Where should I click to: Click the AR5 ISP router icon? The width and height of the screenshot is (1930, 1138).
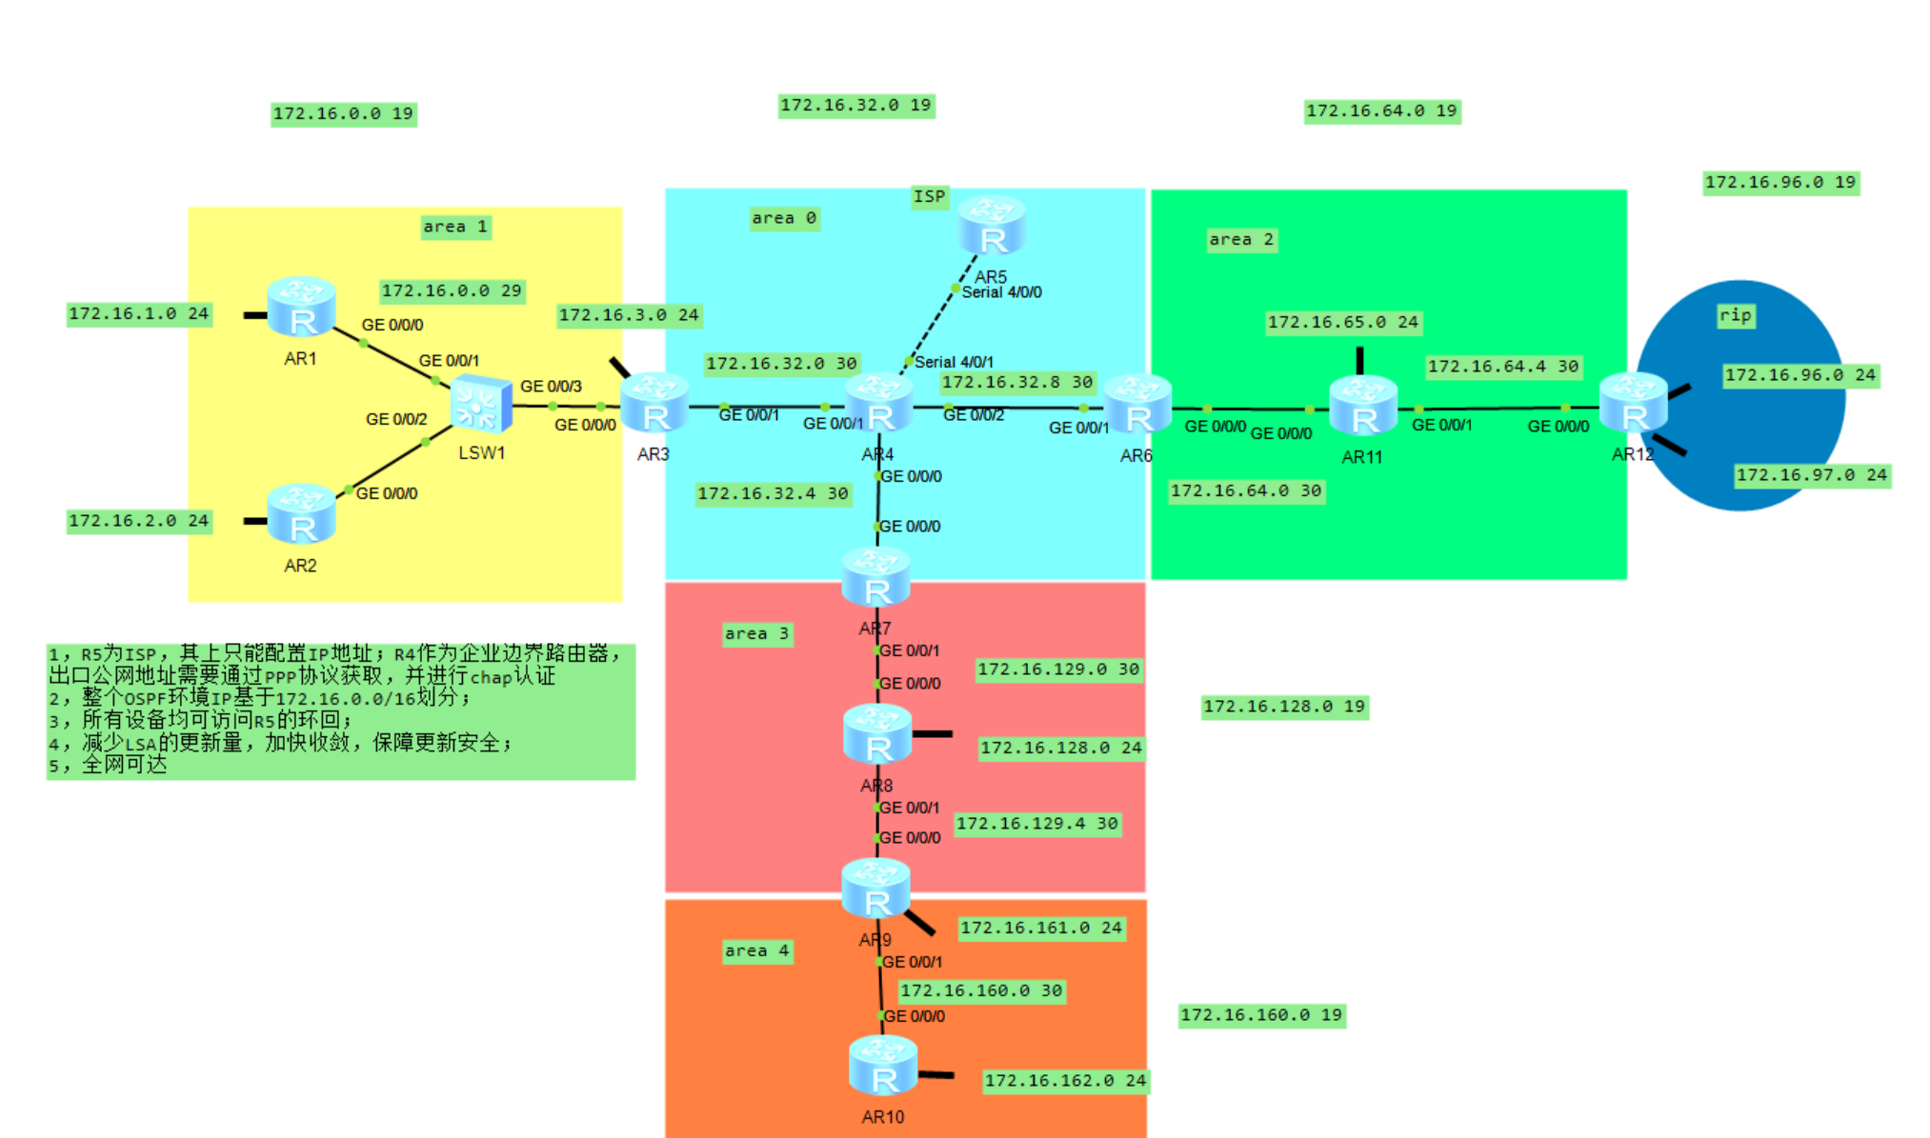click(x=992, y=226)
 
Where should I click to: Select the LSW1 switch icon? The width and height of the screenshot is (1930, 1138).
click(x=481, y=405)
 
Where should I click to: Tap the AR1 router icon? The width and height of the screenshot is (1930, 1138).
click(x=301, y=307)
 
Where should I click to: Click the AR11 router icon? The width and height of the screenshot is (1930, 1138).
click(x=1363, y=406)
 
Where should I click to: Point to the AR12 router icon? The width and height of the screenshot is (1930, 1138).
click(x=1634, y=404)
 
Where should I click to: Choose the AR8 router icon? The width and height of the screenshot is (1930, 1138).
click(x=877, y=734)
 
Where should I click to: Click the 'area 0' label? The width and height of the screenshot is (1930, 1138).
click(x=784, y=218)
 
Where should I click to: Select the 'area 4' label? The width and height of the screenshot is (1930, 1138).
click(x=757, y=950)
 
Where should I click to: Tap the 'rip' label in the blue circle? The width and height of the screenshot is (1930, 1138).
click(x=1736, y=315)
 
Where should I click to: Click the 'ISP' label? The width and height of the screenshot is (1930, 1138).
click(x=930, y=196)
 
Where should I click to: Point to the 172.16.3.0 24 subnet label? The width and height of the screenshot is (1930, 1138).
click(x=629, y=315)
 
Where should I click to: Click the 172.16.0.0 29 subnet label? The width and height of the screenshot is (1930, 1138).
click(x=452, y=290)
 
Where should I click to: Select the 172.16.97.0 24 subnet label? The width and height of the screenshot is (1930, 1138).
click(x=1811, y=474)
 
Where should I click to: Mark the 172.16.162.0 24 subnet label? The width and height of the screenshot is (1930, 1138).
click(x=1064, y=1080)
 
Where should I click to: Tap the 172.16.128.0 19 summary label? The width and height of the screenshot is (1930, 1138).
click(x=1283, y=706)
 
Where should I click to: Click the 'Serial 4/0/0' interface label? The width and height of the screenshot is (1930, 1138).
click(x=1001, y=292)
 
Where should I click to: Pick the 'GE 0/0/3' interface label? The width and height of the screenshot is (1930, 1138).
click(x=551, y=386)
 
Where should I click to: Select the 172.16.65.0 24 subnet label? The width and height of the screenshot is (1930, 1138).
click(x=1342, y=322)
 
